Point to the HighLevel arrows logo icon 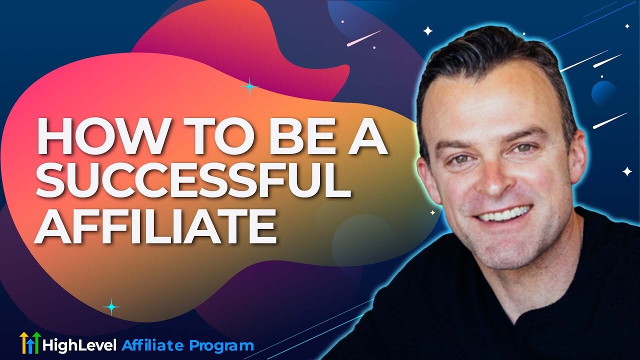[29, 343]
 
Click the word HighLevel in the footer [79, 345]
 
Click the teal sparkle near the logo [111, 306]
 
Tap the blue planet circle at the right [603, 92]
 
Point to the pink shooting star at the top [363, 38]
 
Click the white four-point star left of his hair [428, 31]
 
